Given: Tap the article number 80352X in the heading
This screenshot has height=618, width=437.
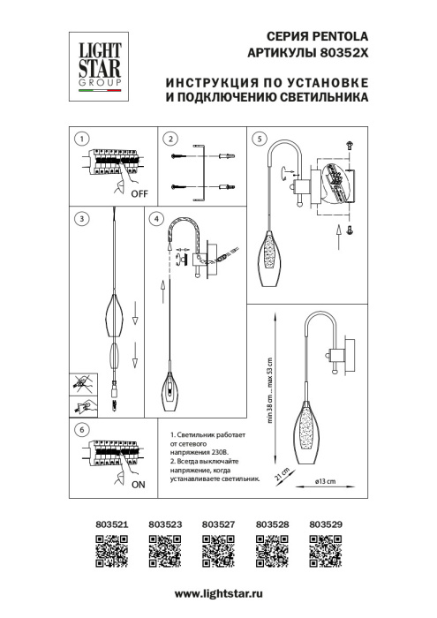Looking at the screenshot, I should (340, 53).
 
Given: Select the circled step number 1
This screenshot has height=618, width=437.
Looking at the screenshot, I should (80, 139).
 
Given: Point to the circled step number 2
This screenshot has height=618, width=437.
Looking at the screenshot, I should (170, 139).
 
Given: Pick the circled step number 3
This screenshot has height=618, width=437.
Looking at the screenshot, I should (80, 218).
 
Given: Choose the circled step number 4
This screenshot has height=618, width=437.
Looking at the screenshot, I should (156, 218).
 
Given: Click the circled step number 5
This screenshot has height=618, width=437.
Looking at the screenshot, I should (258, 139).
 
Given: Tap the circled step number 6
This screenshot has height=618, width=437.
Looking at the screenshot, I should (80, 430).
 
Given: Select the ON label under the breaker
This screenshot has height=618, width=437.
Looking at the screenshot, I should (138, 486).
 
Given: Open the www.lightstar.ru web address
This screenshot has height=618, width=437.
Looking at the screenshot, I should (218, 598).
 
